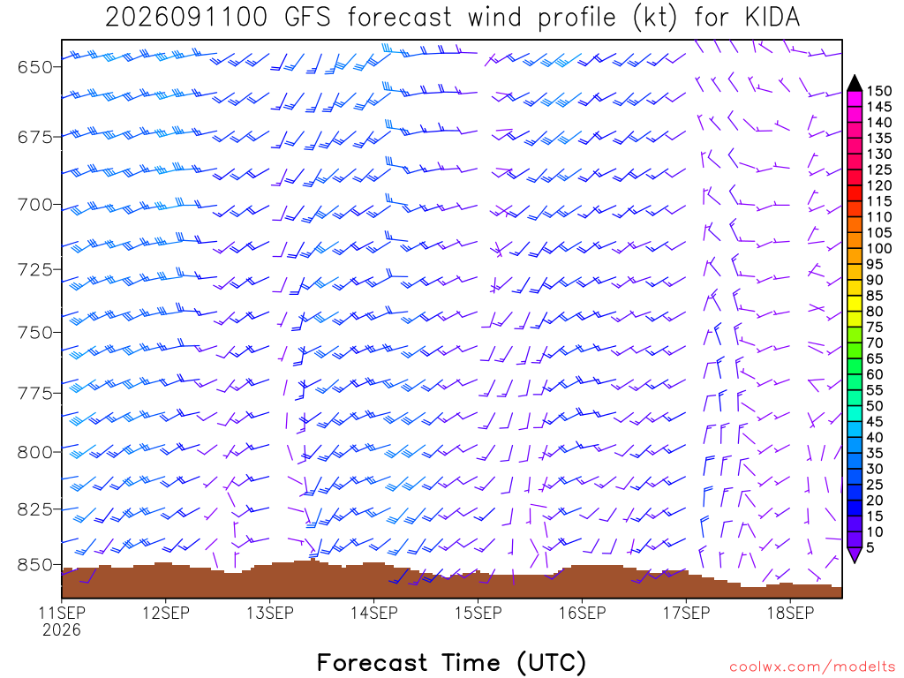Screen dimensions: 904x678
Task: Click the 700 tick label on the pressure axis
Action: point(35,205)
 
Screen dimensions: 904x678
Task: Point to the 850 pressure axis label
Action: point(35,565)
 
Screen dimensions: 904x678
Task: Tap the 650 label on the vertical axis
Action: point(35,67)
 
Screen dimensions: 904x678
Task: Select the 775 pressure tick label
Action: point(35,394)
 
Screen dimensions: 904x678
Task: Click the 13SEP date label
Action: point(270,613)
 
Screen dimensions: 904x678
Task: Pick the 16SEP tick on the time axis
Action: point(583,613)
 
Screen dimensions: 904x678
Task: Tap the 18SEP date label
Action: point(790,613)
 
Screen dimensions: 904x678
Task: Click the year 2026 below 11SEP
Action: point(62,629)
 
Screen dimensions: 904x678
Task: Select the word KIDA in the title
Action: point(772,18)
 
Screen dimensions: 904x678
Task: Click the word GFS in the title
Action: point(307,18)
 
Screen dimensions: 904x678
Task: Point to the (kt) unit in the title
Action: point(654,18)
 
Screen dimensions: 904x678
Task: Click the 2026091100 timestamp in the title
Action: point(186,18)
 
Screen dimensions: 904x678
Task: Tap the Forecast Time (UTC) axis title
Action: point(452,663)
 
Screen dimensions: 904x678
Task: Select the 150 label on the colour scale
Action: point(878,91)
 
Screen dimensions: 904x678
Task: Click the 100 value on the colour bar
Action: point(878,248)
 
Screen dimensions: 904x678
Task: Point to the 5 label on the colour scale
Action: point(870,547)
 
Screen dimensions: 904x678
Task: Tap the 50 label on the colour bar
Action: point(875,406)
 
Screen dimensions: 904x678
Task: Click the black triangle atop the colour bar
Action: point(855,83)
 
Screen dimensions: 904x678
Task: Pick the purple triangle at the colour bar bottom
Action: point(855,555)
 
